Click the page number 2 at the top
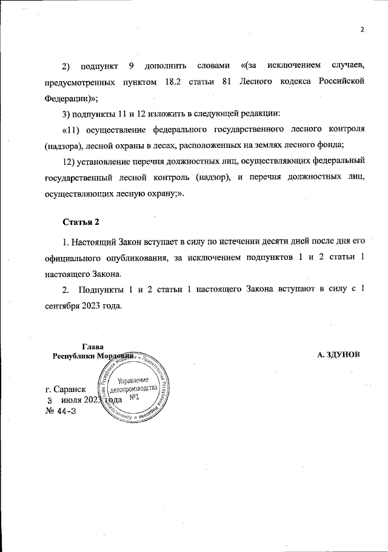(361, 30)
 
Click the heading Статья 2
(81, 221)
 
